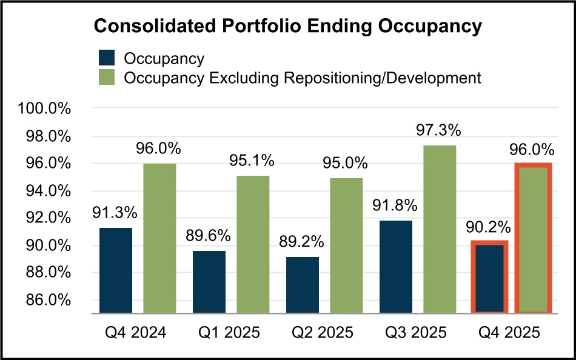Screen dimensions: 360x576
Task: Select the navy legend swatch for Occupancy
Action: (x=107, y=58)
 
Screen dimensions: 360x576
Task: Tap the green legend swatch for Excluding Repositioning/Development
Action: (x=107, y=78)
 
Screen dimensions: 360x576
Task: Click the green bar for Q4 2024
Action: (x=159, y=238)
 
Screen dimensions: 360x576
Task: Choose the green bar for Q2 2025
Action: (x=346, y=245)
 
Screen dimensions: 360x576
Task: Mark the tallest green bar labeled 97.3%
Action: (x=440, y=229)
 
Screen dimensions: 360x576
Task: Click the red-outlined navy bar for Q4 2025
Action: (x=490, y=278)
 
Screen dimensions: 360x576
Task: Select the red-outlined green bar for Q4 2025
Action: (x=533, y=239)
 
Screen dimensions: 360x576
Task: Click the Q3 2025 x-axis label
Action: (x=416, y=333)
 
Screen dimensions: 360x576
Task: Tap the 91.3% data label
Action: (x=115, y=213)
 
